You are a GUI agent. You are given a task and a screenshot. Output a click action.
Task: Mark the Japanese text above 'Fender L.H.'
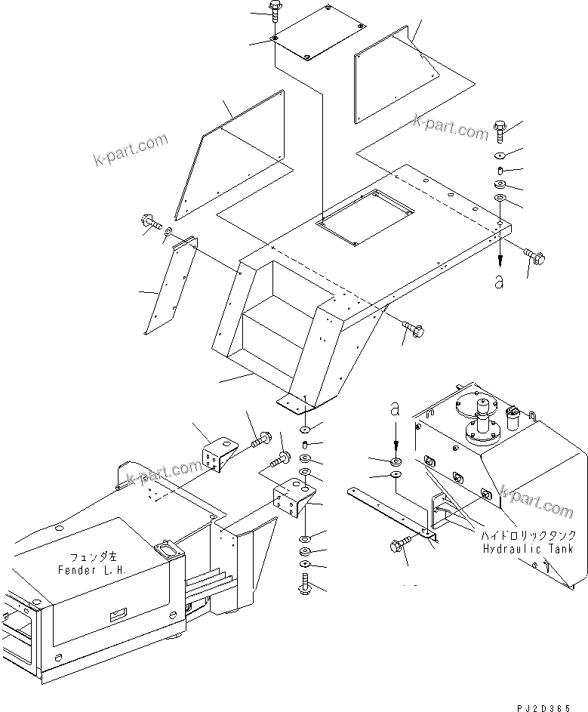85,554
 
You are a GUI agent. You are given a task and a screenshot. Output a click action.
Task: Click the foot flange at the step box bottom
296,404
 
